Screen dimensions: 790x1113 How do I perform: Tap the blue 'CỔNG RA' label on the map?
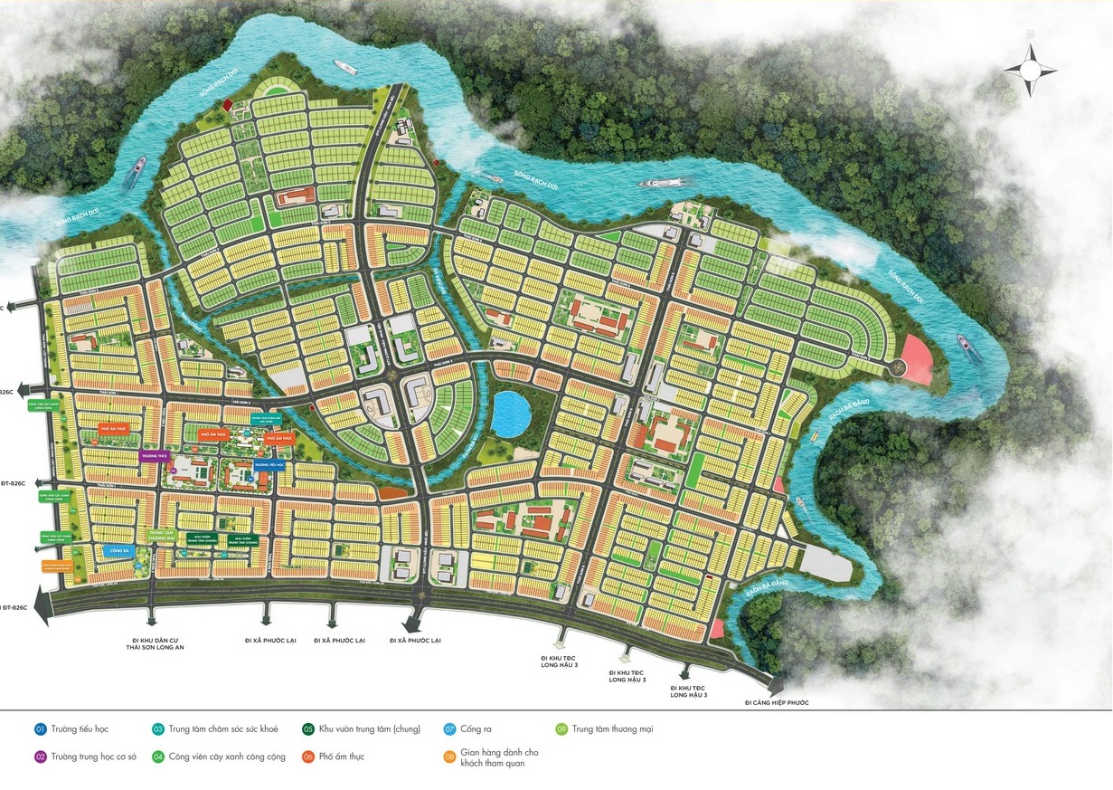[x=119, y=550]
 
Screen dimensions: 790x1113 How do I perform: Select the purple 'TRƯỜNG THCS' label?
[x=153, y=457]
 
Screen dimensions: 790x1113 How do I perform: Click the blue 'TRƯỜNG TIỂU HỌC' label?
[x=269, y=464]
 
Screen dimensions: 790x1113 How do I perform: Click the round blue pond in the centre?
[x=511, y=414]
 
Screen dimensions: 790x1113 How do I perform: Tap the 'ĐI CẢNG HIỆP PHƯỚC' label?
[x=777, y=702]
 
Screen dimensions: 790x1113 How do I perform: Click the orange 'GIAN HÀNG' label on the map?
[x=56, y=566]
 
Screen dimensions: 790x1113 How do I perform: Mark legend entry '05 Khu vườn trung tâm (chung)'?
[x=361, y=728]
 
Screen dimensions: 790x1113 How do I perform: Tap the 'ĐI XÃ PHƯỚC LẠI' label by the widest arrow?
[x=415, y=640]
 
